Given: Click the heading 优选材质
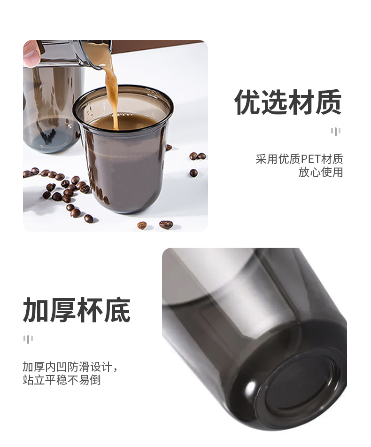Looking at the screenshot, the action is click(x=288, y=102).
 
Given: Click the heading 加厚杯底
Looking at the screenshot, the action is click(x=77, y=310).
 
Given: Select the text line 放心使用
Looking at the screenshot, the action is click(x=321, y=172).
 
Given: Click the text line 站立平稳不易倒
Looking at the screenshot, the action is click(x=62, y=380).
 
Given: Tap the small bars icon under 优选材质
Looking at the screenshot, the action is click(x=336, y=132).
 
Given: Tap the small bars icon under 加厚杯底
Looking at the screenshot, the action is click(x=28, y=339).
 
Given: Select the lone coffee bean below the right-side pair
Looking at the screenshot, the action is click(x=193, y=173).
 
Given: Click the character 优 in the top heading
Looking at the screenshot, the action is click(x=247, y=102).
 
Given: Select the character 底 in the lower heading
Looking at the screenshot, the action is click(x=117, y=310).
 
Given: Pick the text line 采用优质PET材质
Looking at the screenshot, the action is click(x=299, y=159).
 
